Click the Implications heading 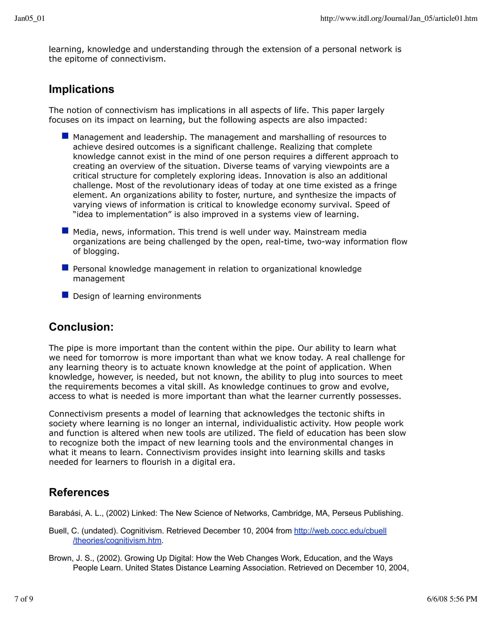[81, 89]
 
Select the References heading [79, 492]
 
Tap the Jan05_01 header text [30, 19]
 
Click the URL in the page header [399, 19]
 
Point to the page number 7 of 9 [24, 599]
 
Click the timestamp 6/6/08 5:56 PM [452, 599]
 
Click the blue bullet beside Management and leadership [65, 136]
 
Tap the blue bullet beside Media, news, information [65, 231]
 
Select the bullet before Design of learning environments [65, 295]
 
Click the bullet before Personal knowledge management [65, 268]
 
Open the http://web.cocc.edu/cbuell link [340, 531]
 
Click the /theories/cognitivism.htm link [117, 540]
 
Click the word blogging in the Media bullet [101, 251]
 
